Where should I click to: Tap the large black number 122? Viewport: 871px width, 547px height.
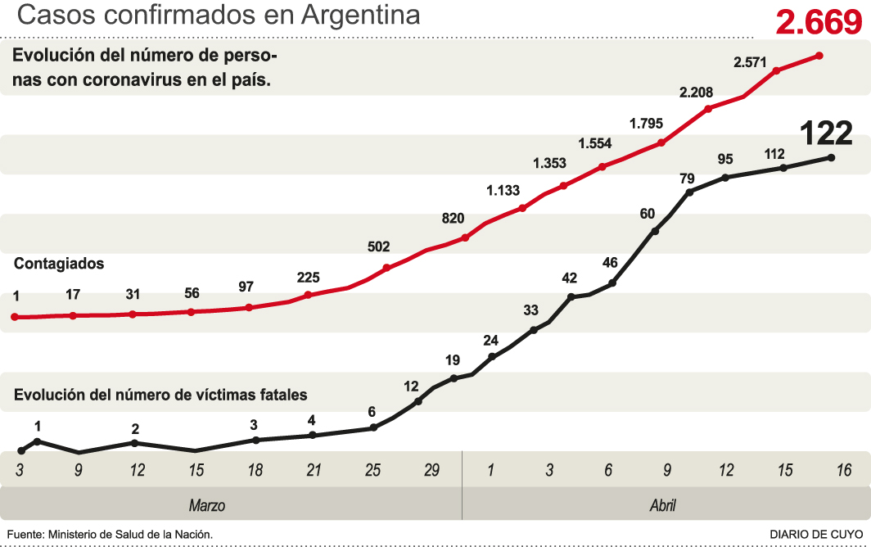click(825, 133)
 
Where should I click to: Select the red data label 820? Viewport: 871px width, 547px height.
click(453, 219)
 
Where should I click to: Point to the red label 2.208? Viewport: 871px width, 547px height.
click(697, 93)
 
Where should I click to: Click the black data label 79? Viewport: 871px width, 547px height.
click(687, 178)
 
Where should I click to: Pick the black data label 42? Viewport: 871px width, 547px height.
click(570, 278)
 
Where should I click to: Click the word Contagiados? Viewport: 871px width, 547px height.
click(59, 264)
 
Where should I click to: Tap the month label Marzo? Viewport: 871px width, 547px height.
click(206, 505)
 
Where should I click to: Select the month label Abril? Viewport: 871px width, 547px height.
click(662, 505)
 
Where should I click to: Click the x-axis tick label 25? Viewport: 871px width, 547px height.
click(373, 471)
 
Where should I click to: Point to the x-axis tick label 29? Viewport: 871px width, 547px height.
click(431, 471)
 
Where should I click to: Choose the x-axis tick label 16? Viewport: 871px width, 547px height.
click(844, 471)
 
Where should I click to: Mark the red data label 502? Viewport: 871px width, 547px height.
click(379, 246)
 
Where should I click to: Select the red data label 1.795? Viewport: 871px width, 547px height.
click(646, 124)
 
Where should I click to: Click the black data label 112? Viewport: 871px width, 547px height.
click(774, 153)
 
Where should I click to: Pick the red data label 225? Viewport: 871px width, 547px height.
click(308, 277)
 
